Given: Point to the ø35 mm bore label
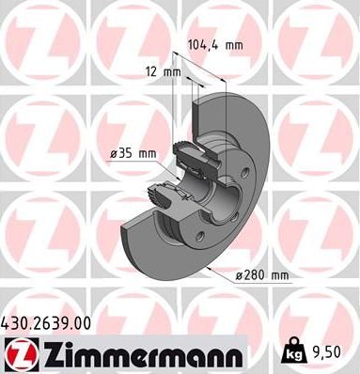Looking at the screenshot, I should coord(131,153).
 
